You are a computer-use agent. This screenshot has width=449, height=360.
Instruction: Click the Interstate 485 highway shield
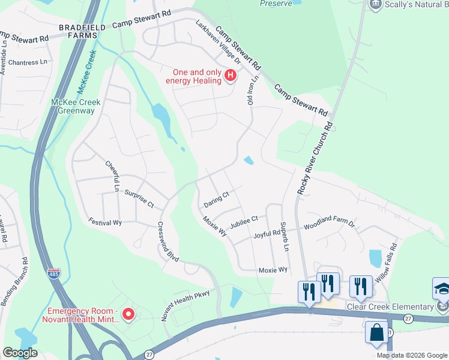(53, 274)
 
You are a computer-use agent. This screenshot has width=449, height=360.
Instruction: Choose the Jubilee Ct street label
(244, 220)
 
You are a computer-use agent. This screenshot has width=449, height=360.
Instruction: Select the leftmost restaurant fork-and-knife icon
(309, 292)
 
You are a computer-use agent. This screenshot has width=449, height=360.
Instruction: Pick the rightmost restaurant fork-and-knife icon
(360, 286)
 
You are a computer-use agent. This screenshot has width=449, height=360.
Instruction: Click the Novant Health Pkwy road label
(188, 302)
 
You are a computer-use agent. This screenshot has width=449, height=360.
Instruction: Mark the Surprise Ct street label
(140, 199)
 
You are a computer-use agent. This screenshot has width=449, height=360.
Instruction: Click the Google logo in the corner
(20, 353)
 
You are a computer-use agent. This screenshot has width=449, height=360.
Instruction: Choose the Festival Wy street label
(105, 222)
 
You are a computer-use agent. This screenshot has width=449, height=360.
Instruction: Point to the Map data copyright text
(412, 355)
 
